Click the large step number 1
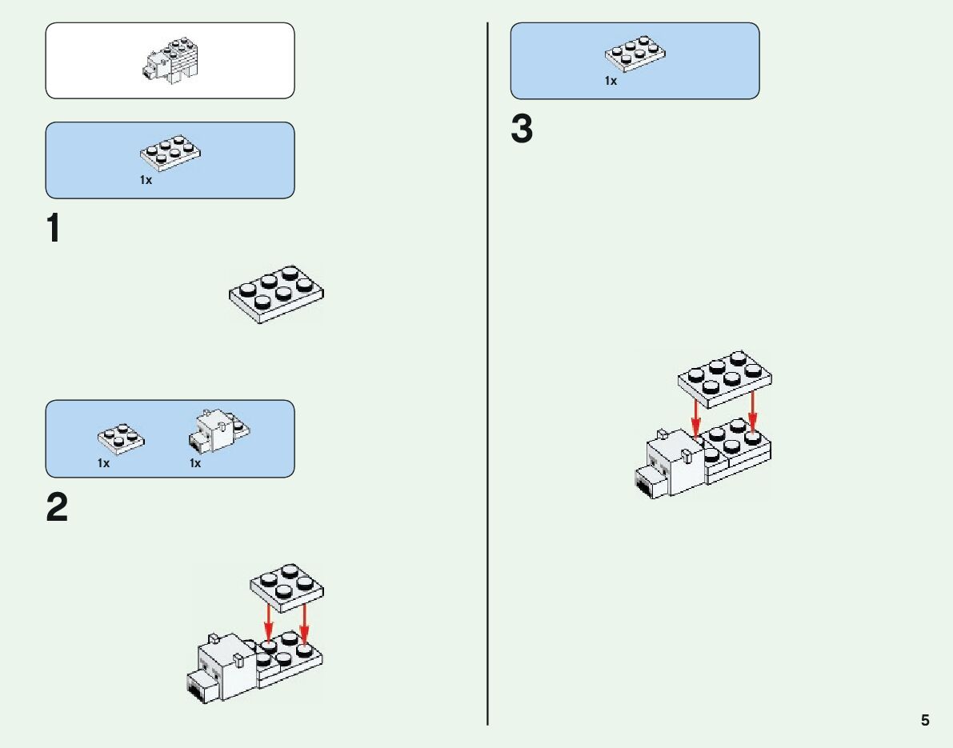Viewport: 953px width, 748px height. tap(54, 230)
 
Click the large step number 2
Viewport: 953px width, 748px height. tap(57, 508)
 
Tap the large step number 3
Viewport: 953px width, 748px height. tap(522, 130)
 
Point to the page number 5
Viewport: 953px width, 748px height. tap(925, 720)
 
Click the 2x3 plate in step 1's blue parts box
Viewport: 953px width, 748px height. tap(170, 153)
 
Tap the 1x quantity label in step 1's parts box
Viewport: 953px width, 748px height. tap(146, 181)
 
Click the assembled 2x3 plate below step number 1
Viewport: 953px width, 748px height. tap(277, 294)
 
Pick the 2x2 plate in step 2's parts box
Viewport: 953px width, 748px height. tap(121, 437)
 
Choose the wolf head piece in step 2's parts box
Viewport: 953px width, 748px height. tap(214, 432)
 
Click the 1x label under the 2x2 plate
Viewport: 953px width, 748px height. tap(104, 463)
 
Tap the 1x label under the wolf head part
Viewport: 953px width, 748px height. tap(195, 463)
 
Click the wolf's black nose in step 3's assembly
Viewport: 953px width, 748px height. tap(644, 482)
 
